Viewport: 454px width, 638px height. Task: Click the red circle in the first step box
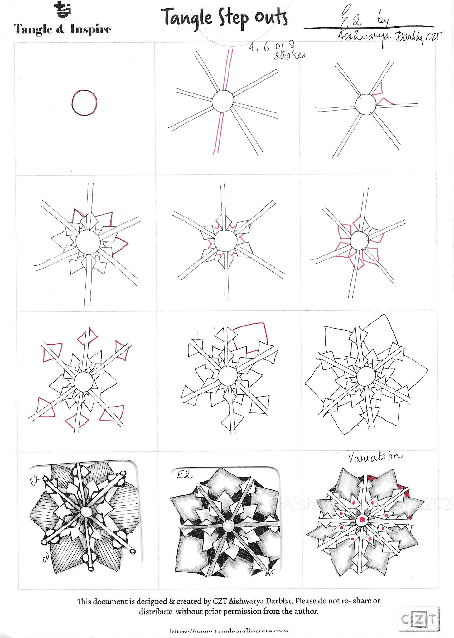[x=84, y=103]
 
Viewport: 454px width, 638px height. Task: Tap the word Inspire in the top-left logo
[x=91, y=30]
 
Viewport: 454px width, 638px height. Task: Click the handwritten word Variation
[x=374, y=457]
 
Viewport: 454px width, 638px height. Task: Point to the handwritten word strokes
[x=289, y=55]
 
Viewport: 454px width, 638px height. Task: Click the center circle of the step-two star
[x=223, y=101]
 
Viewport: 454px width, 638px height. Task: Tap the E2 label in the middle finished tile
[x=185, y=475]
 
